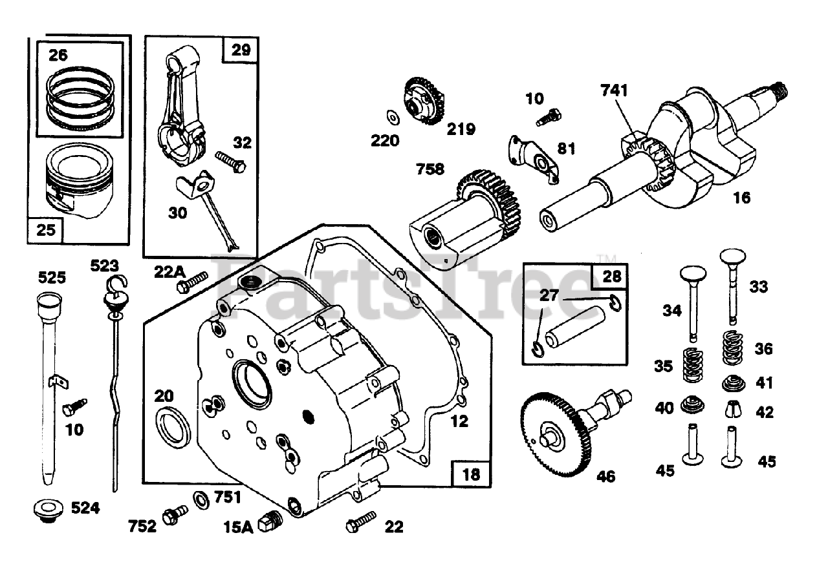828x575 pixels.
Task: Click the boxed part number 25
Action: point(46,230)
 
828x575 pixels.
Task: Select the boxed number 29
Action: point(240,50)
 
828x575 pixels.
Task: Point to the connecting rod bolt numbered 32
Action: point(231,161)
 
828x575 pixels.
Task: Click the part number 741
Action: point(614,90)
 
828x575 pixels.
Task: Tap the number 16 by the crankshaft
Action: point(742,198)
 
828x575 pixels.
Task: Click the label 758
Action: point(430,169)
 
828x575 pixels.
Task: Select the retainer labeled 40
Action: point(693,406)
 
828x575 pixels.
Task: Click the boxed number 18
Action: point(471,474)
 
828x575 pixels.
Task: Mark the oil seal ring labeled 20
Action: point(173,426)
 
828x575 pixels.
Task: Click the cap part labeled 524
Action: point(48,509)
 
